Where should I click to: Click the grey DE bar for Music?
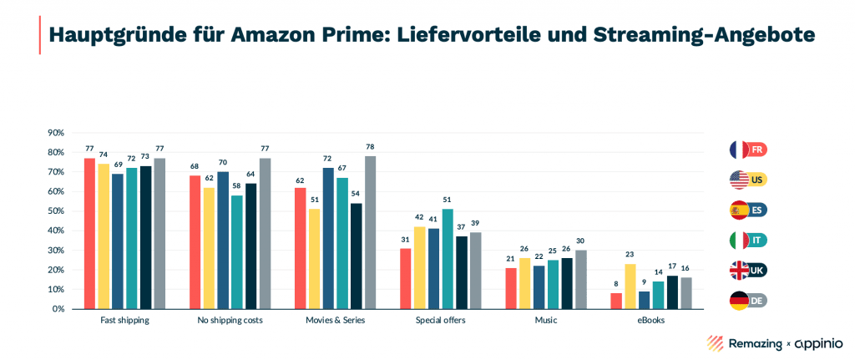(x=580, y=280)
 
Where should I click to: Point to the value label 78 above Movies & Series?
(x=370, y=147)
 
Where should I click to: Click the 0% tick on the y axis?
(x=57, y=309)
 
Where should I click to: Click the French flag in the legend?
(x=739, y=150)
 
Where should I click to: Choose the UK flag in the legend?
(x=739, y=270)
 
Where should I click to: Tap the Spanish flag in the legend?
(x=739, y=210)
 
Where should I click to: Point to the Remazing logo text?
(x=735, y=342)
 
